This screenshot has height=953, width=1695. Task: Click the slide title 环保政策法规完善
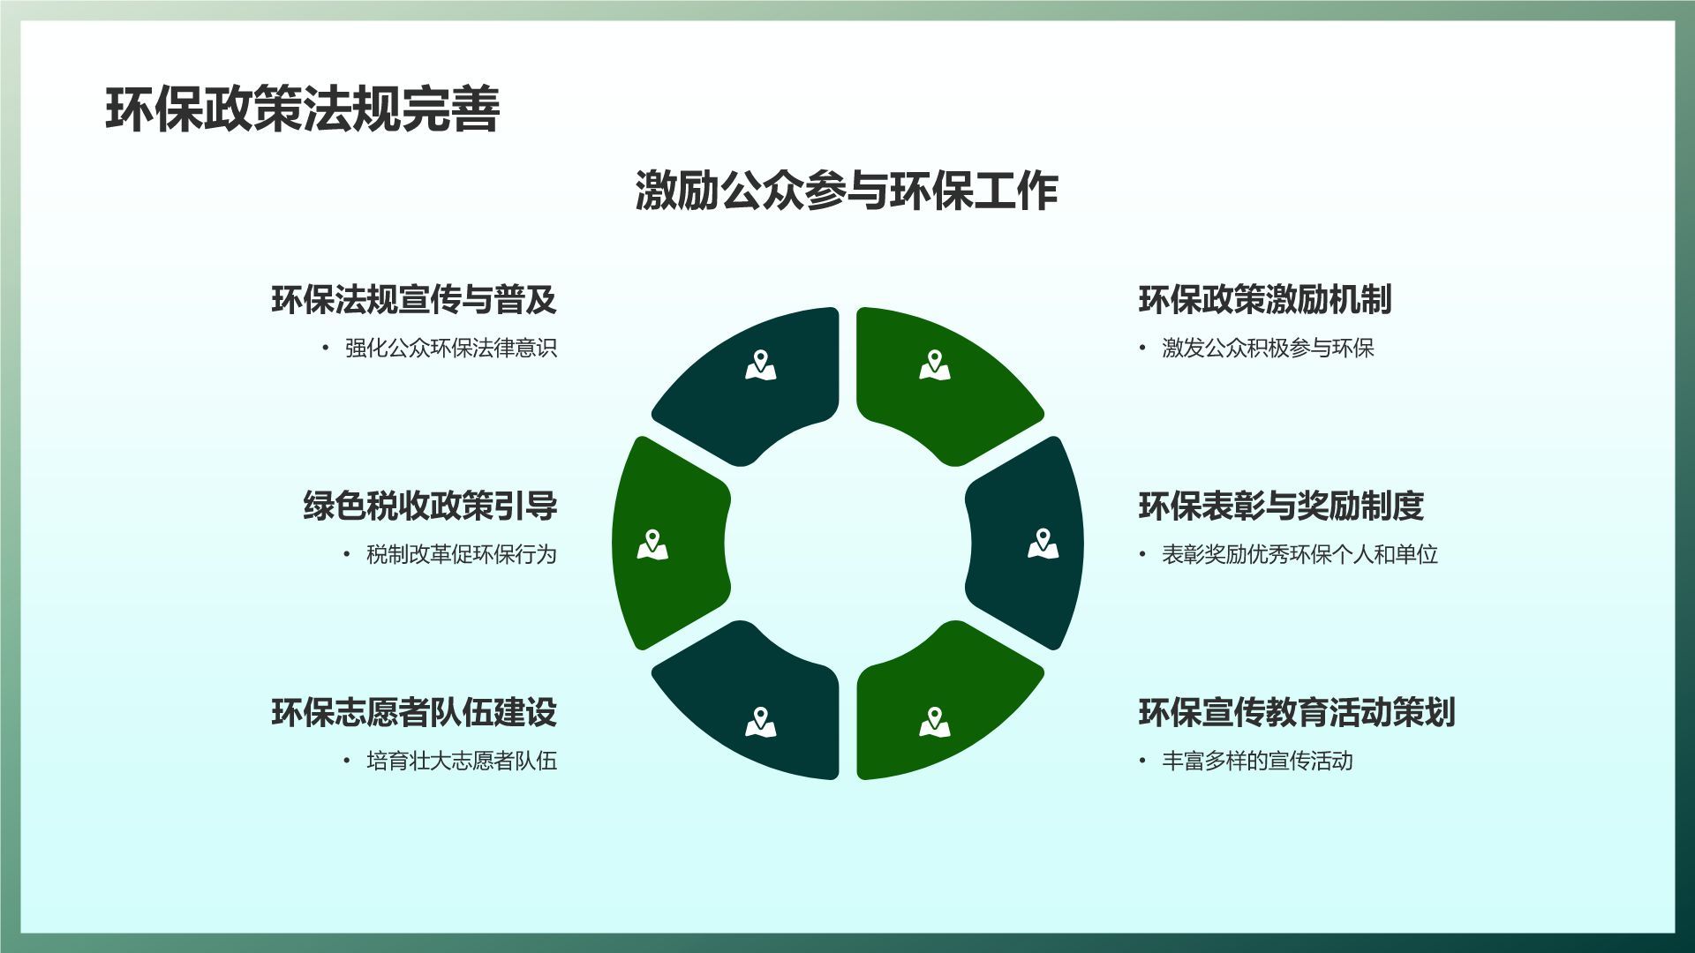303,109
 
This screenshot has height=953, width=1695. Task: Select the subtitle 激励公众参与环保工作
847,191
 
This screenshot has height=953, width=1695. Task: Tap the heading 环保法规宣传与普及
414,300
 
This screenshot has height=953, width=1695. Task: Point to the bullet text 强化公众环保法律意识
451,348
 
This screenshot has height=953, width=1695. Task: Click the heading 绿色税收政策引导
430,507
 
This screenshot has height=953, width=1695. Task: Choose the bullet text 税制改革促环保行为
462,554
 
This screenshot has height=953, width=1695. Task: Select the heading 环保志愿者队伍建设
414,713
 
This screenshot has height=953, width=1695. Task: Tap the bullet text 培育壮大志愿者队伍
462,761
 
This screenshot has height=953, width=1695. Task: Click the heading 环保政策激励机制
1265,300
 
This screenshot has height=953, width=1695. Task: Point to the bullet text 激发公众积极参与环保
1269,348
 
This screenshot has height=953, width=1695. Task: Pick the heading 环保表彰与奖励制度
1281,507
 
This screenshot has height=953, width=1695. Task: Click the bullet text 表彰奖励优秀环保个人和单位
1300,554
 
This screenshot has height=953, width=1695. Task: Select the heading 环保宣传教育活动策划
1297,713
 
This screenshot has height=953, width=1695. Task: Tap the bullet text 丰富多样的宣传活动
1258,761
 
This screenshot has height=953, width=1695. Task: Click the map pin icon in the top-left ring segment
760,365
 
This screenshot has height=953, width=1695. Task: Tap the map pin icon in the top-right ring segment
934,365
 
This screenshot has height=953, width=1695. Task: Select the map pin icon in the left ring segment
652,544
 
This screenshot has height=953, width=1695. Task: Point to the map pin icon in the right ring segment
1043,544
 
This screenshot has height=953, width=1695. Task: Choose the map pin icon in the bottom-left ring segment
760,723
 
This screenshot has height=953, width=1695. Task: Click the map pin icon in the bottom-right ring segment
934,723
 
